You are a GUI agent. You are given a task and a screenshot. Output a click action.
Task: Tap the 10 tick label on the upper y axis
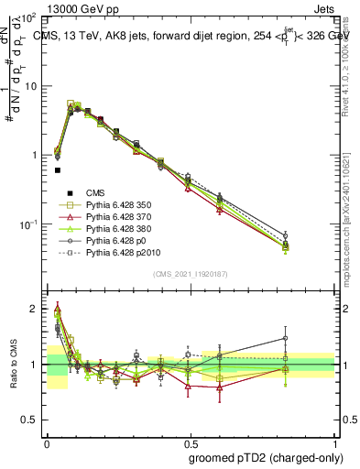coord(30,86)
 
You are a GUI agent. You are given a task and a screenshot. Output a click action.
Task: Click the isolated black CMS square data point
coord(57,170)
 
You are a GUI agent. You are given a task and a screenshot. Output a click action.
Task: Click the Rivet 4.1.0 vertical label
coord(350,69)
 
